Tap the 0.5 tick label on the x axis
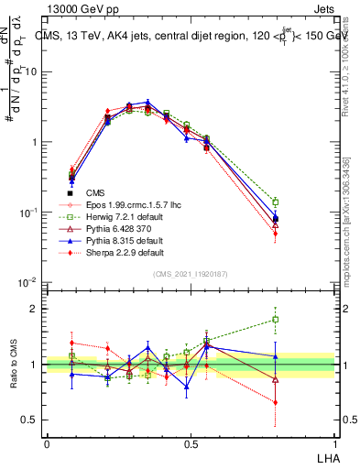[190, 442]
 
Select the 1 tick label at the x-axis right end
[335, 442]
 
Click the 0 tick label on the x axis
[47, 442]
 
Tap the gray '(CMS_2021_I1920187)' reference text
[191, 273]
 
